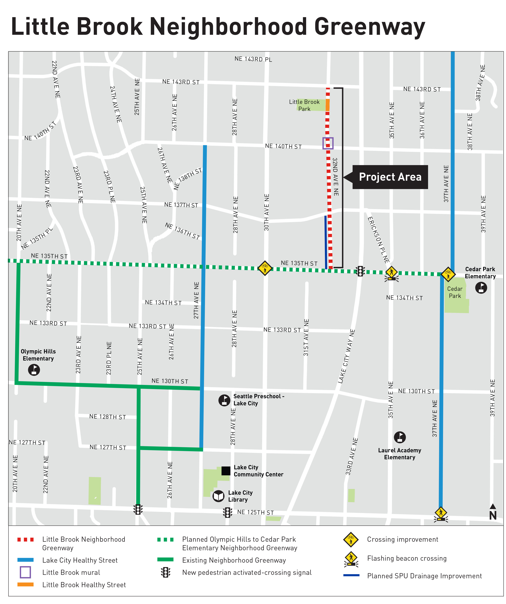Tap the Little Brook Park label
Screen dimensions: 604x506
pos(304,105)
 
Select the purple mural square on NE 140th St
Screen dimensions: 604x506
pos(328,143)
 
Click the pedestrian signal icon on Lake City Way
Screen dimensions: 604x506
pos(360,271)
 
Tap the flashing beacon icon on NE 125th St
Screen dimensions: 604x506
pos(440,515)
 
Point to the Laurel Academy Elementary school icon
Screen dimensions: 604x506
pos(400,437)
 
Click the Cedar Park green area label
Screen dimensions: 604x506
pos(455,292)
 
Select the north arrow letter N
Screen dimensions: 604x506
pos(493,516)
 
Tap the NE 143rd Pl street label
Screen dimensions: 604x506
pos(253,59)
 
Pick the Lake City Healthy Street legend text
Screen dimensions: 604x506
pos(80,560)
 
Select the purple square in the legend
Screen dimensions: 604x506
pos(25,572)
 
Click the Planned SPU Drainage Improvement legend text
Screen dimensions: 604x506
pos(424,576)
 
